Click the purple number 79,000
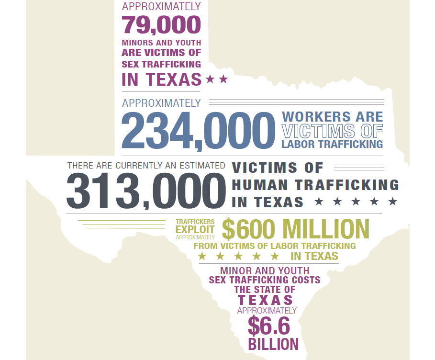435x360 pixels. (x=161, y=24)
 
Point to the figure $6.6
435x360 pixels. (x=269, y=326)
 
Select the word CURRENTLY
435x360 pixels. (x=133, y=166)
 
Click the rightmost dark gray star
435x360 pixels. (x=393, y=202)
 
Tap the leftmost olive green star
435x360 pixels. (x=202, y=256)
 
